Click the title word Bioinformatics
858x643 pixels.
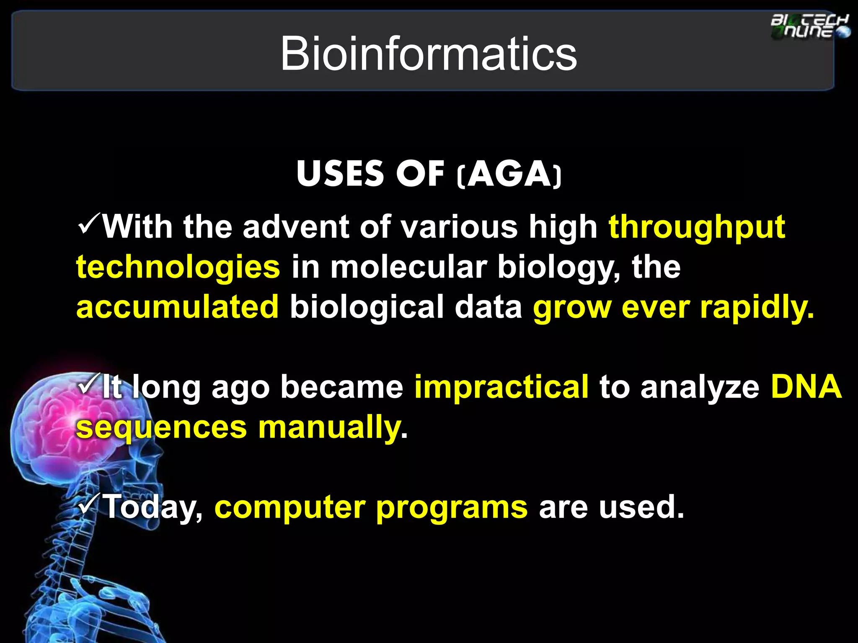coord(428,54)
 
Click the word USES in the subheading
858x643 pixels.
coord(340,174)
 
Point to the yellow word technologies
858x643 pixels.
coord(178,267)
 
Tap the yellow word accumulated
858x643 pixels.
coord(178,306)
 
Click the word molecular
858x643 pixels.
coord(408,267)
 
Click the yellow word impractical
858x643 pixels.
coord(501,387)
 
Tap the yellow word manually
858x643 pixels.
coord(329,428)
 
